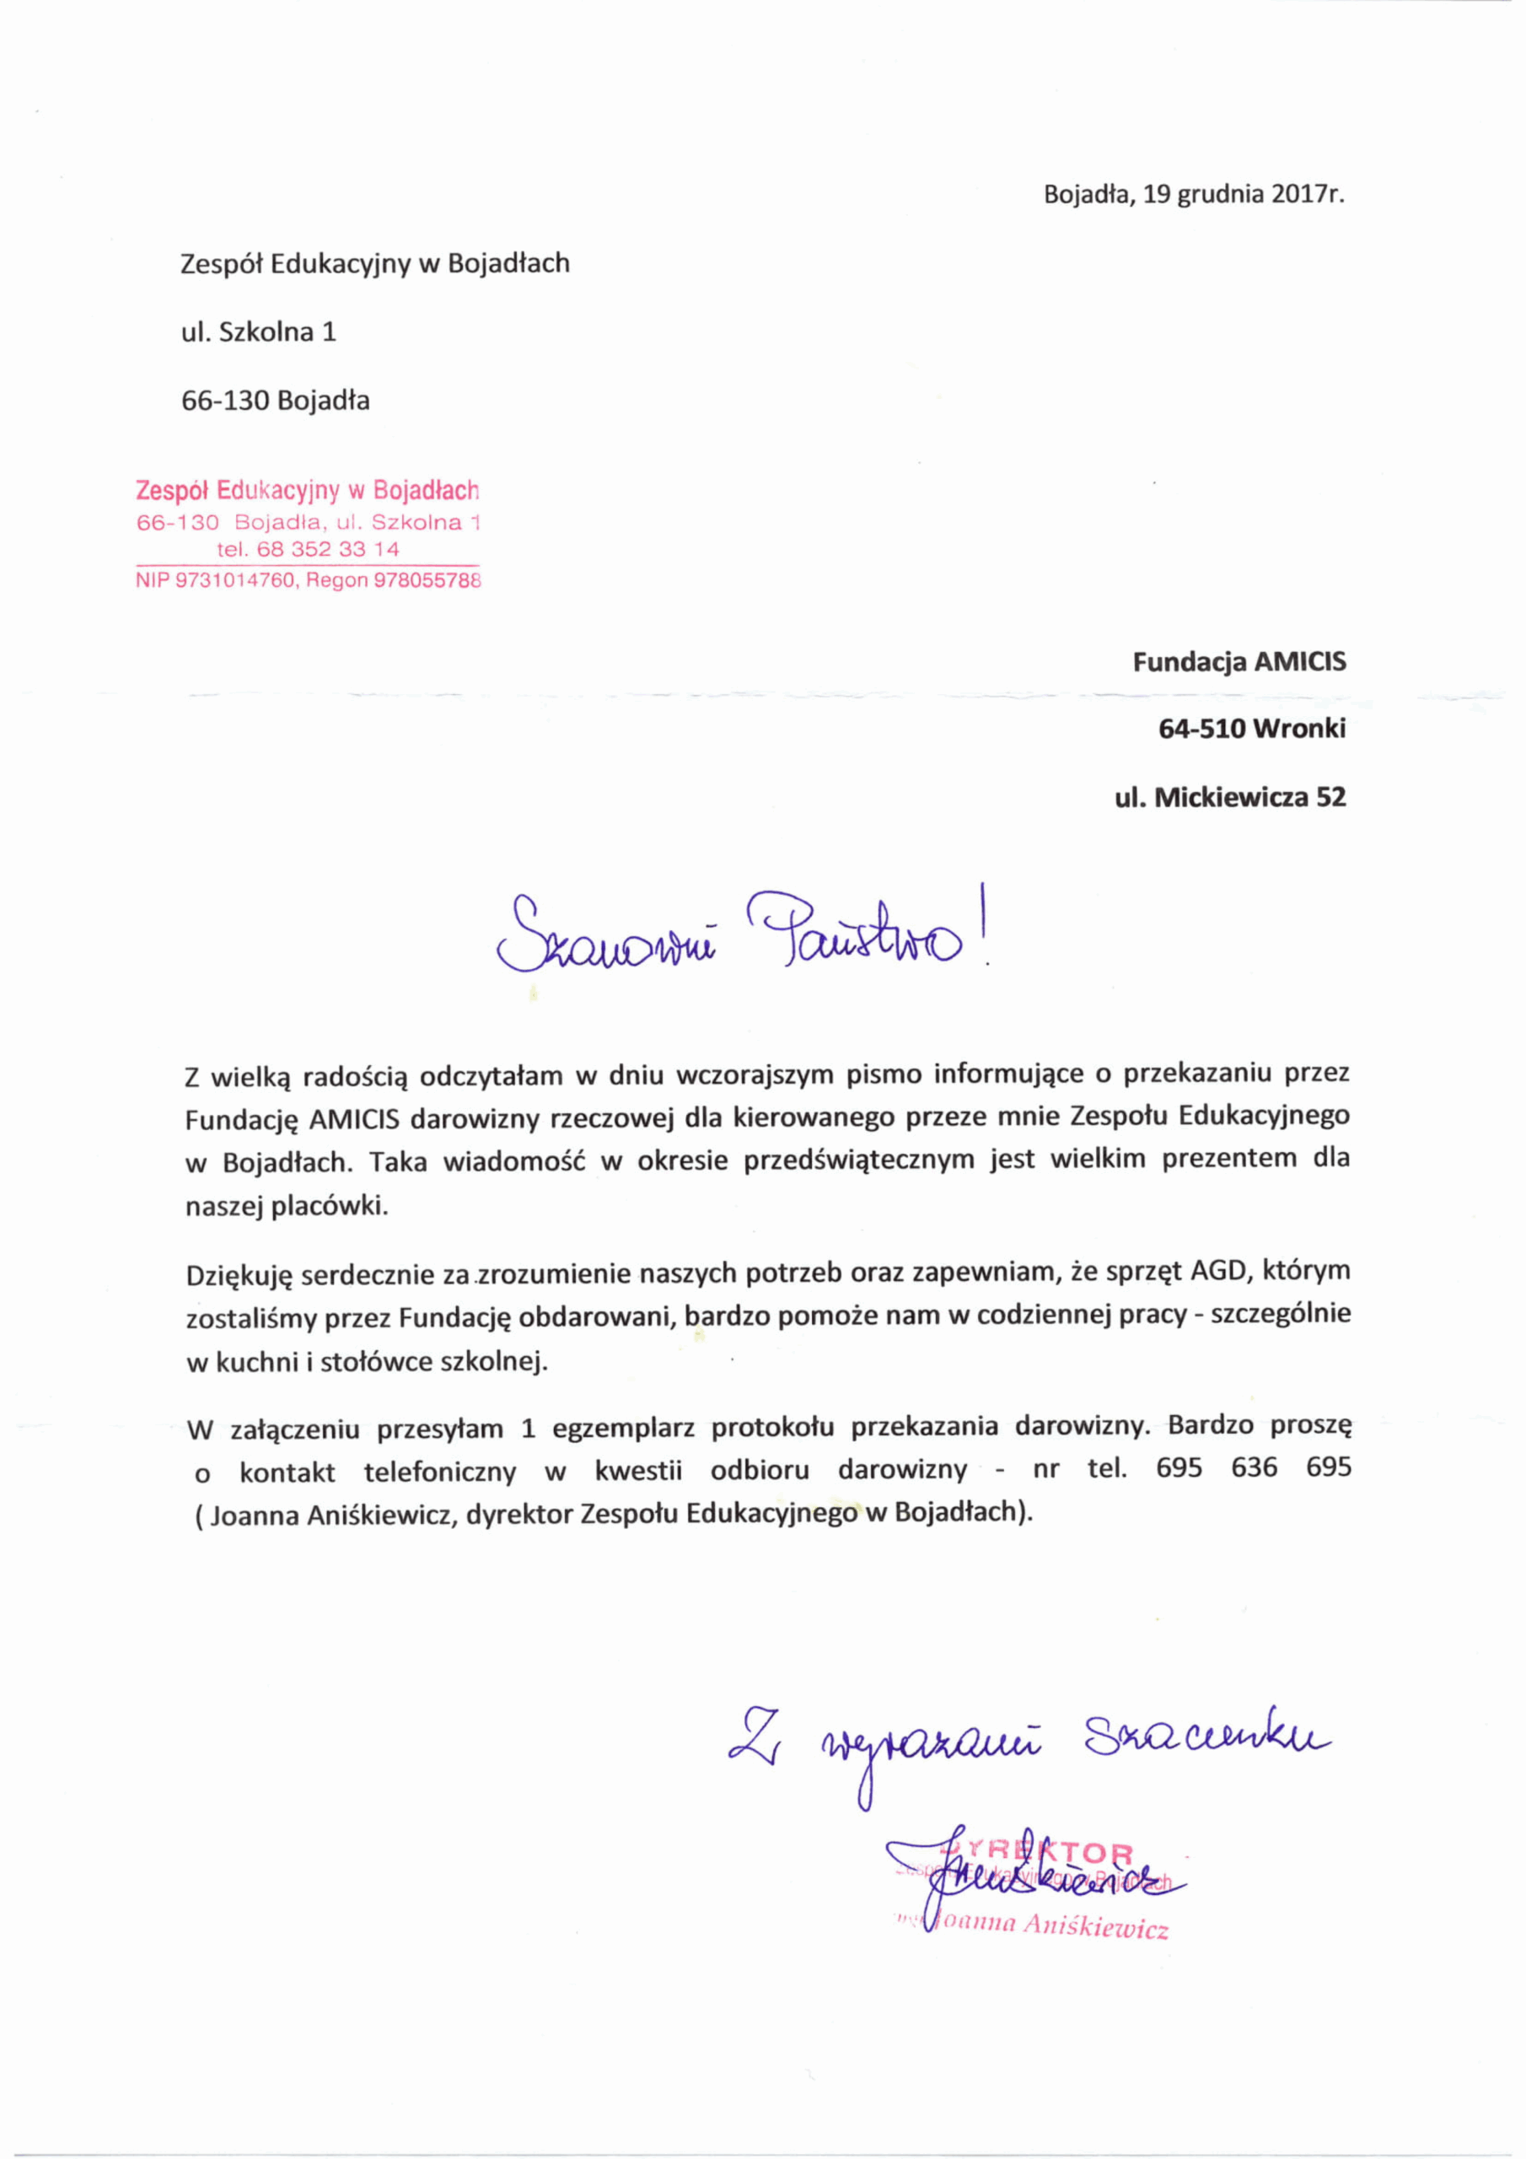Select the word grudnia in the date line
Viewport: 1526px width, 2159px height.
(x=1222, y=196)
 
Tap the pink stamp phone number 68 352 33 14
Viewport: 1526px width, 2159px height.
(x=328, y=549)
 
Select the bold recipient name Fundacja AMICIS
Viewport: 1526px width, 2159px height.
(x=1239, y=662)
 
